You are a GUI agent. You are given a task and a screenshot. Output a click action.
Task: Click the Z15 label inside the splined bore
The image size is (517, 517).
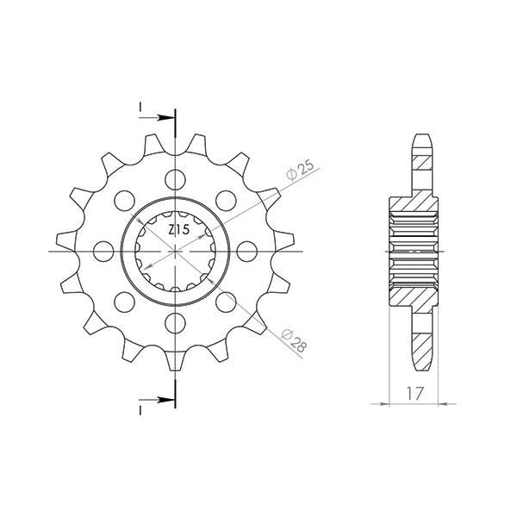[x=178, y=231]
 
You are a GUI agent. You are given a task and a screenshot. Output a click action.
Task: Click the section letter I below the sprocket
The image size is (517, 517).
[x=138, y=412]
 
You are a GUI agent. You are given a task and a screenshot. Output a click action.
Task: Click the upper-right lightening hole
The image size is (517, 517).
[x=227, y=200]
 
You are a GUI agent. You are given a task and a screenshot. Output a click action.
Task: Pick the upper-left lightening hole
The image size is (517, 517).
[x=126, y=200]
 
